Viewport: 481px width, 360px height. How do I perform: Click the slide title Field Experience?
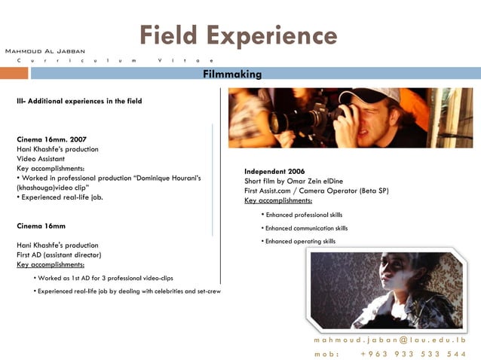tap(238, 35)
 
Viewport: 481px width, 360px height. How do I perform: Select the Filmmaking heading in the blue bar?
tap(232, 74)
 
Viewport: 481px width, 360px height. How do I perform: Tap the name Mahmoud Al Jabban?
tap(45, 50)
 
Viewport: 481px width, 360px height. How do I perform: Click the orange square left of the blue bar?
tap(14, 73)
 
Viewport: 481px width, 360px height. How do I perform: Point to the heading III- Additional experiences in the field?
tap(79, 101)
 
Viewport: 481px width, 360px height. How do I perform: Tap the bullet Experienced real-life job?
tap(60, 197)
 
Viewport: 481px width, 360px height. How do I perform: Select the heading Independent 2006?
tap(274, 172)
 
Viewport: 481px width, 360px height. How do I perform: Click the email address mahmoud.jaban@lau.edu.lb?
tap(390, 340)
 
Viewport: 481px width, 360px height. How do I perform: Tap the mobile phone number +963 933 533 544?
tap(413, 353)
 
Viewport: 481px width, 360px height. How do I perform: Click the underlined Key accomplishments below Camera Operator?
tap(278, 201)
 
